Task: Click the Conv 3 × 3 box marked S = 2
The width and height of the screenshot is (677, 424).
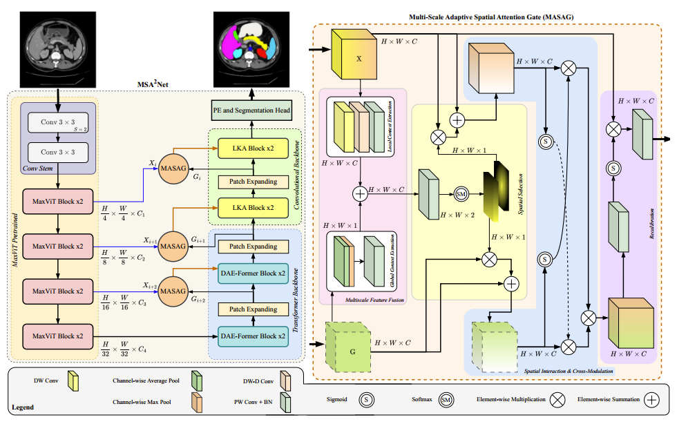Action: coord(59,122)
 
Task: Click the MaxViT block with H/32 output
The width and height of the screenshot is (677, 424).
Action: coord(58,336)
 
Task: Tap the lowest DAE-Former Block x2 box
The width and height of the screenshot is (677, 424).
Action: coord(253,336)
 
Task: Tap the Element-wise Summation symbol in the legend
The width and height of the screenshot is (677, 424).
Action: coord(651,399)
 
